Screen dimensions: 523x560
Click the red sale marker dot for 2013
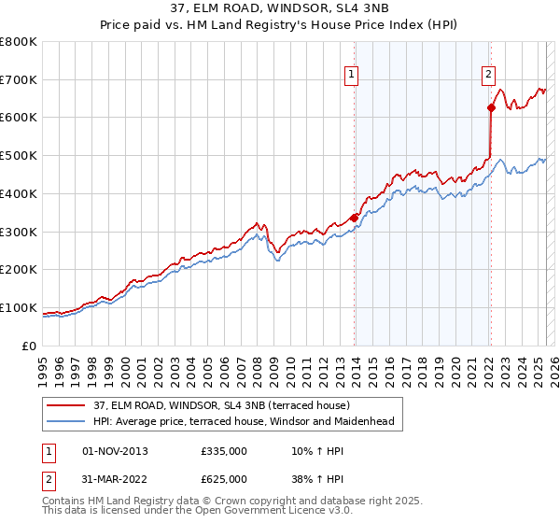click(x=355, y=218)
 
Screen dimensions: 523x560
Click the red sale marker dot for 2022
click(x=491, y=107)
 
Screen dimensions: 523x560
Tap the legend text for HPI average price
click(x=244, y=421)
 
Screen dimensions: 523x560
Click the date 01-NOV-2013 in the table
click(x=115, y=451)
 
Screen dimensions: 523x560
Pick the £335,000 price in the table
click(x=223, y=451)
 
